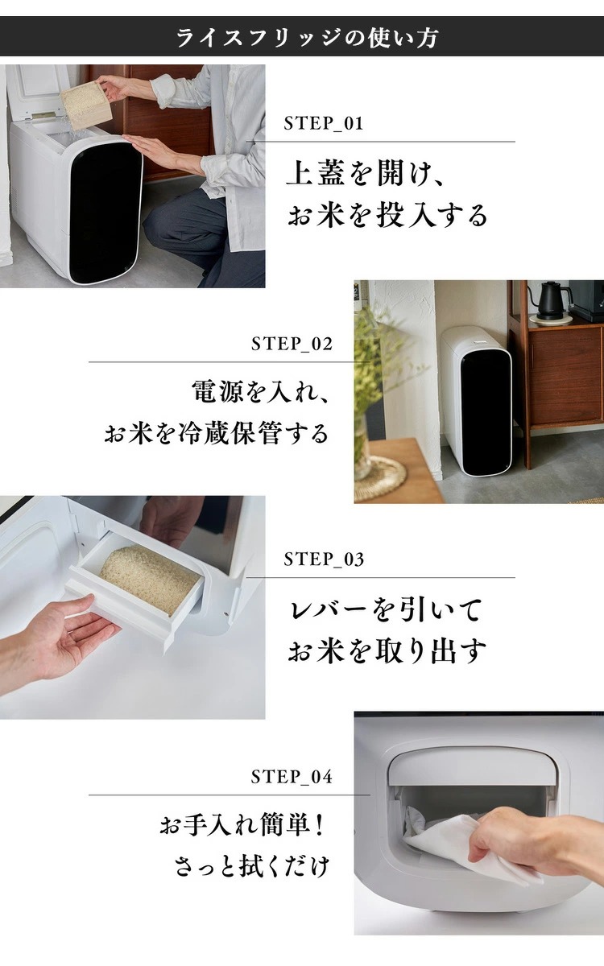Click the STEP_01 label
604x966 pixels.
[324, 124]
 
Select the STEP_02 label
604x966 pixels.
[292, 345]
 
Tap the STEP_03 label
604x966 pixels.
[324, 559]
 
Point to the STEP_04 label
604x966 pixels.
[292, 777]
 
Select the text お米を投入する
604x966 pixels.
[387, 216]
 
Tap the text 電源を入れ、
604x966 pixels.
[262, 393]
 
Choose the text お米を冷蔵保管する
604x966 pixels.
[217, 434]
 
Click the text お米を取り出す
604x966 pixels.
[387, 651]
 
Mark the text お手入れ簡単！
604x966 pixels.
[245, 827]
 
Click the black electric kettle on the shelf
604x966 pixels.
[553, 300]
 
